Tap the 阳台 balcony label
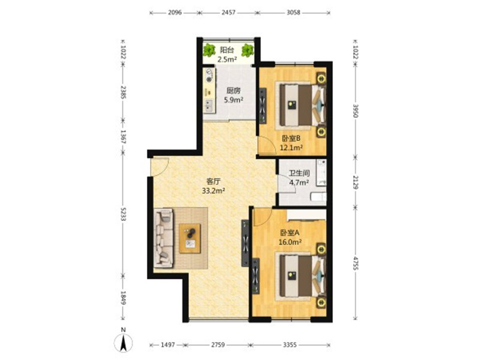tap(227, 50)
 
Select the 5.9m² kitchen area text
tap(233, 100)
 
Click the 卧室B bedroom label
tap(291, 139)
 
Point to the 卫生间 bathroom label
tap(299, 173)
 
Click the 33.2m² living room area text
tap(214, 191)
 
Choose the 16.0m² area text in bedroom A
tap(290, 242)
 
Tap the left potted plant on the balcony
tap(209, 50)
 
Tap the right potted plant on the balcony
tap(247, 50)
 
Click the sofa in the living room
tap(163, 238)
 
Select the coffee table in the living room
tap(190, 238)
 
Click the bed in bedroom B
tap(302, 105)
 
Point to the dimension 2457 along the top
tap(229, 13)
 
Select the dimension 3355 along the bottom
tap(290, 345)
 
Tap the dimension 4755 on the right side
tap(355, 263)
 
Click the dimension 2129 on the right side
tap(355, 182)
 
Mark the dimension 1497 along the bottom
tap(168, 345)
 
